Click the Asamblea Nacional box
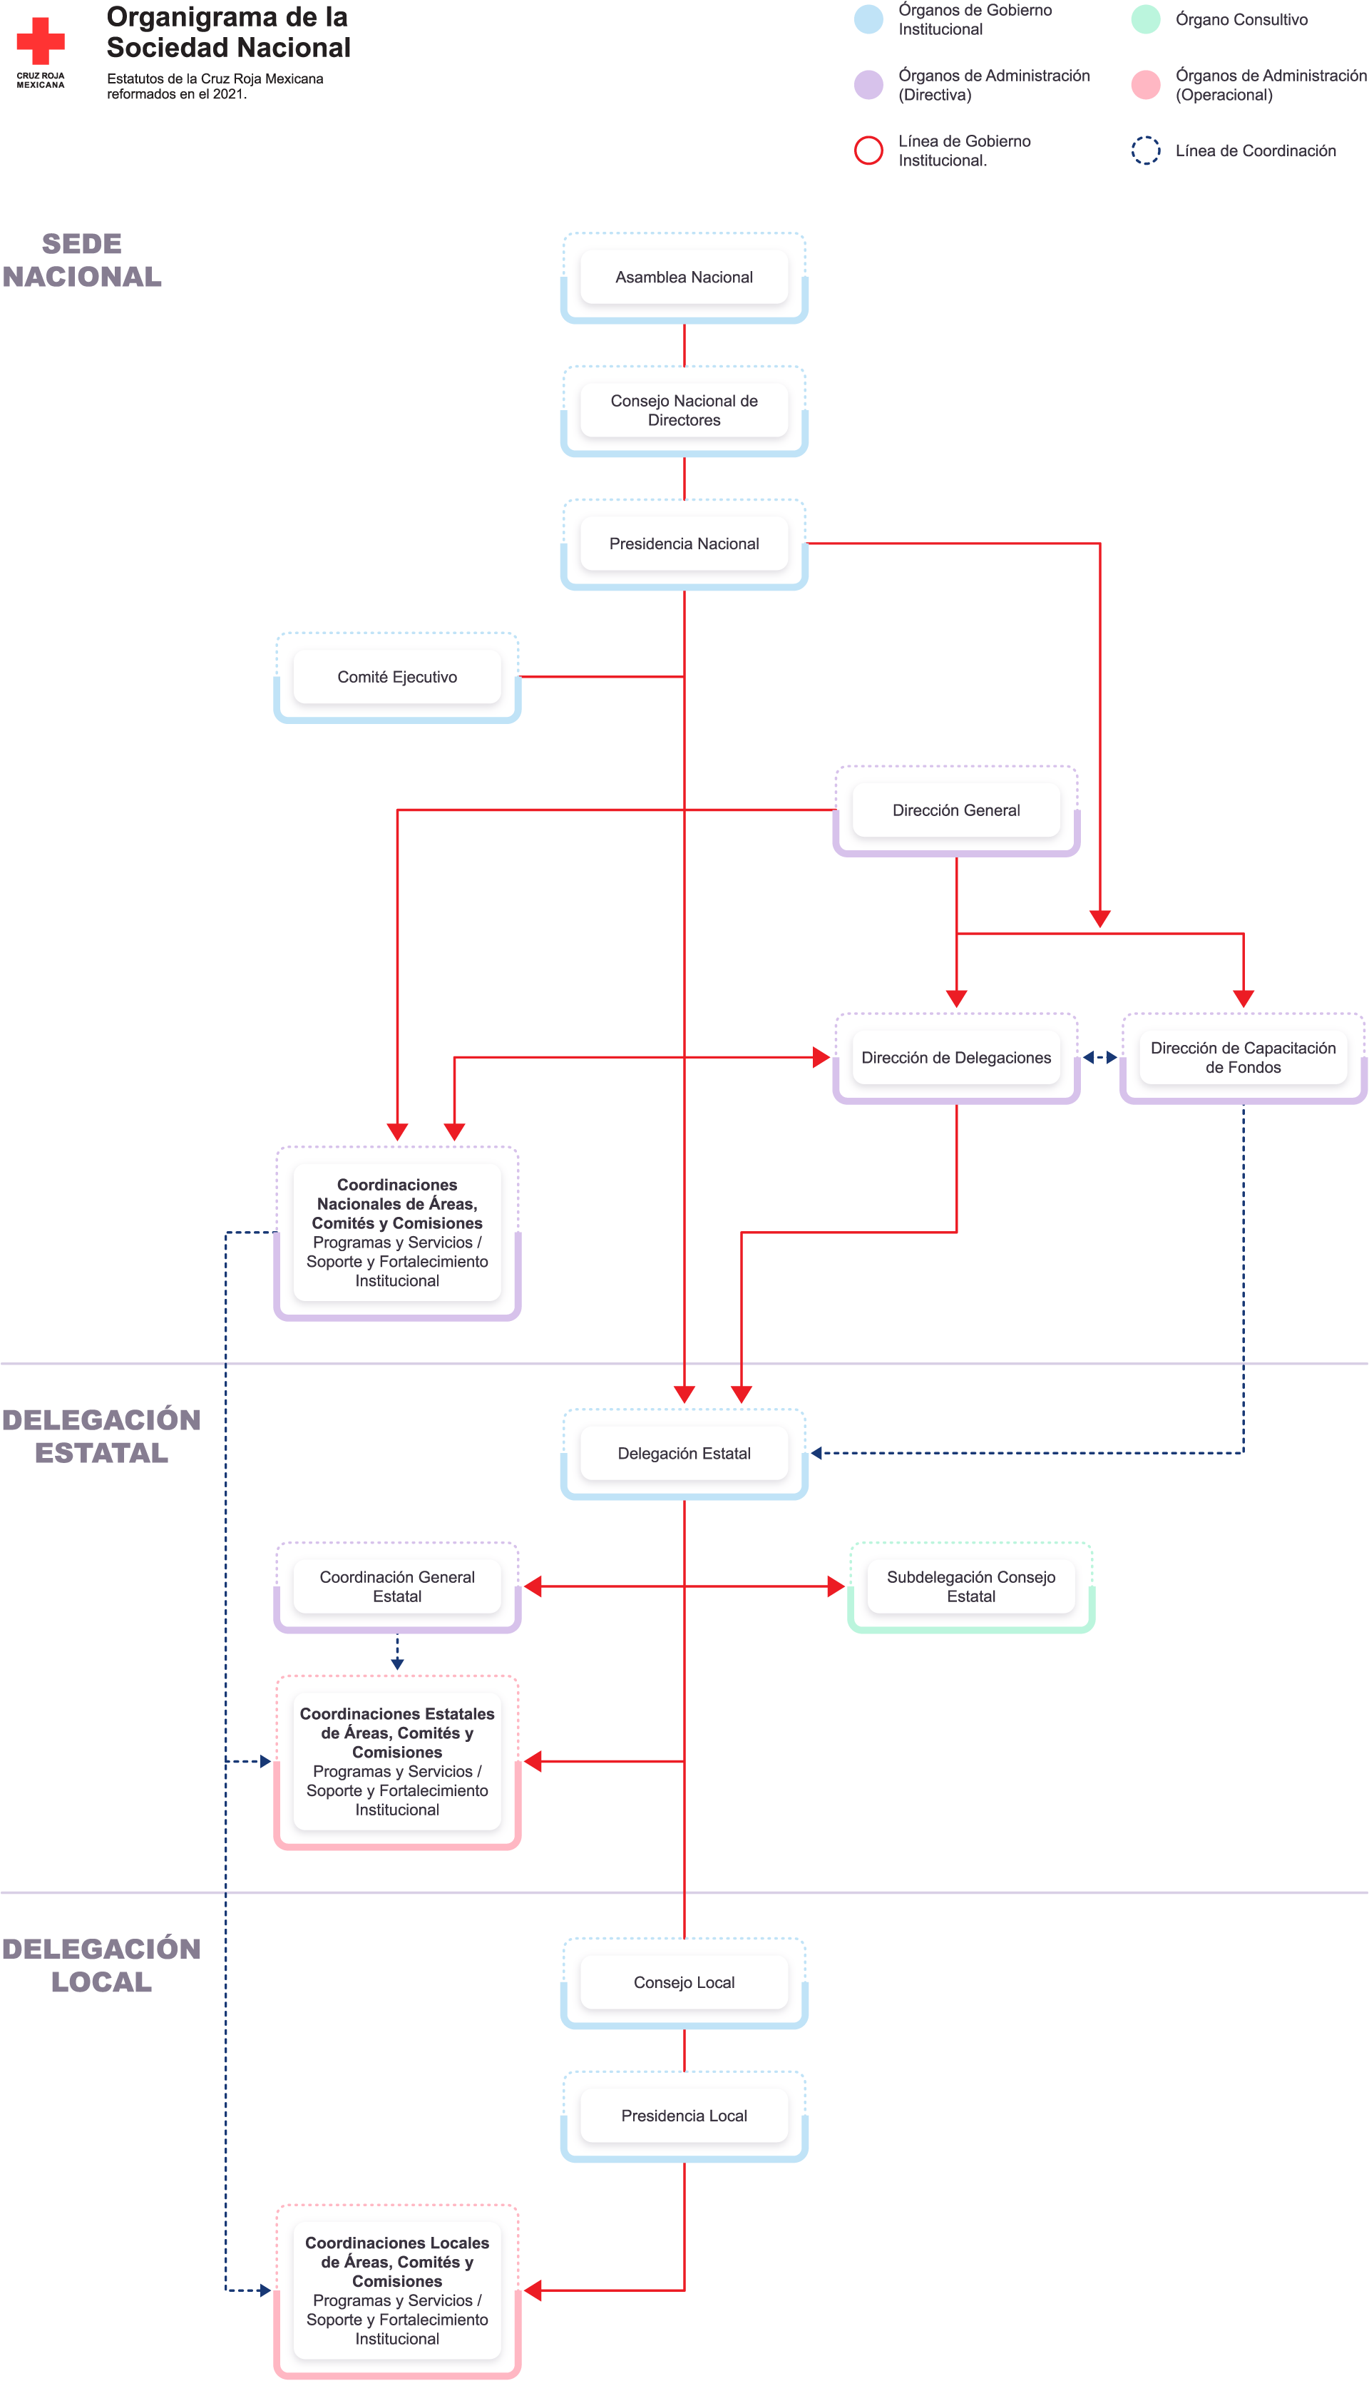tap(684, 277)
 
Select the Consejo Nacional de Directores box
tap(684, 410)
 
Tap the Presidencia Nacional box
tap(684, 544)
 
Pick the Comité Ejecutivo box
tap(396, 677)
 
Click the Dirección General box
tap(956, 810)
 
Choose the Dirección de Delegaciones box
tap(956, 1057)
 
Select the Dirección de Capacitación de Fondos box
tap(1243, 1057)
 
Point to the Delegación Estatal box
tap(684, 1453)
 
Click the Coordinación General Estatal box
tap(396, 1586)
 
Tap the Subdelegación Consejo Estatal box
tap(970, 1586)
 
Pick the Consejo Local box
tap(684, 1982)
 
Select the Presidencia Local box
tap(684, 2115)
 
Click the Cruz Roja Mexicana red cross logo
tap(41, 41)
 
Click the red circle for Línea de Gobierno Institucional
tap(868, 151)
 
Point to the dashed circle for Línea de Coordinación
tap(1145, 151)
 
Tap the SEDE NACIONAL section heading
tap(82, 260)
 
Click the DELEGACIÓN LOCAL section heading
tap(101, 1965)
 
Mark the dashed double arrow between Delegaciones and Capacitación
tap(1099, 1057)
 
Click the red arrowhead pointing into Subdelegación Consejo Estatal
tap(836, 1586)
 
